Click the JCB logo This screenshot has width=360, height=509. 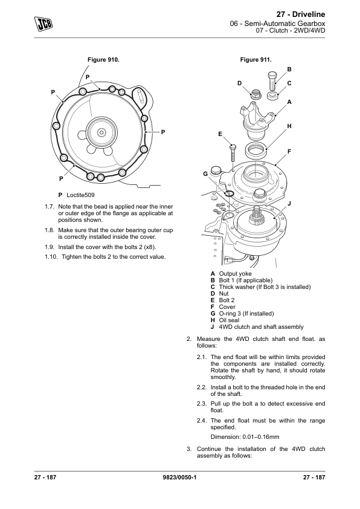point(43,24)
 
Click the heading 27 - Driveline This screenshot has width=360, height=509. point(301,15)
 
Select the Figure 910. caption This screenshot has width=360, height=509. point(103,60)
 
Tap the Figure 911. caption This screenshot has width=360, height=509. point(256,60)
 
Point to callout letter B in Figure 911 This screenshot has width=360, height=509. point(289,69)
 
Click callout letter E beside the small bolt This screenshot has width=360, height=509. point(220,134)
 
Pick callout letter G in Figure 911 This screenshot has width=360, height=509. point(205,174)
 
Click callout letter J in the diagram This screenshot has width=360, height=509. point(289,204)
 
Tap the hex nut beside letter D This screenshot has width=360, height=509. point(256,94)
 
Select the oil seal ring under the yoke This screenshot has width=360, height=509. point(256,149)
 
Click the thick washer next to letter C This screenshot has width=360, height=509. point(273,96)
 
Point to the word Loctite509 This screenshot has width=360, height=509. point(81,195)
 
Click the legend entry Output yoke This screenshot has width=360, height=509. point(235,274)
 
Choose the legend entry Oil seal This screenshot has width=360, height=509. point(229,320)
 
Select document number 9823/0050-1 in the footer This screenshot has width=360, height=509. point(179,477)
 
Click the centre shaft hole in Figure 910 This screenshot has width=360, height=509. point(101,132)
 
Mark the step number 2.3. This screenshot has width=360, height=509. point(201,404)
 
